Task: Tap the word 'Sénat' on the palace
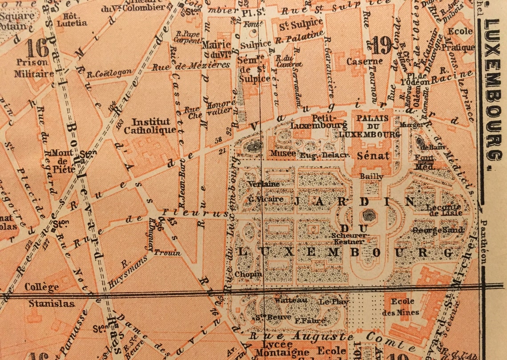(x=374, y=156)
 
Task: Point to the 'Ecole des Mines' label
(x=400, y=307)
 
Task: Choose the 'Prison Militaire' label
(x=34, y=68)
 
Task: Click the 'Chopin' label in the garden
(x=248, y=274)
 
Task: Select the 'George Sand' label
(x=438, y=230)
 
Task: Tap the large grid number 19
(x=382, y=45)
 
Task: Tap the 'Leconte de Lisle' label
(x=443, y=210)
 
